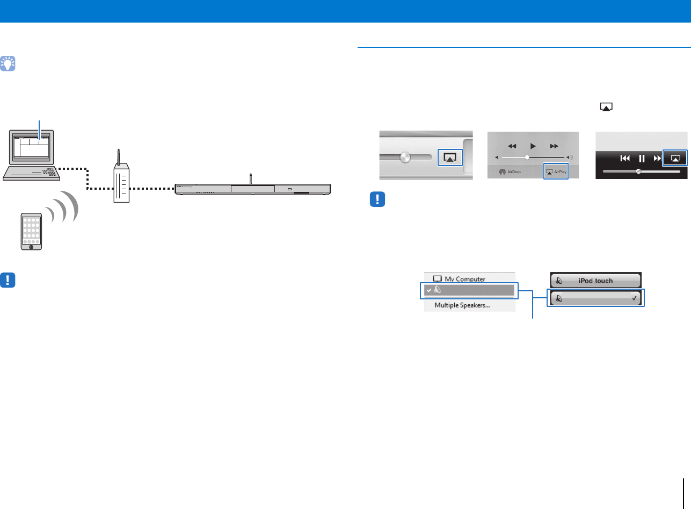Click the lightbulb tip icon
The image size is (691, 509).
click(x=8, y=64)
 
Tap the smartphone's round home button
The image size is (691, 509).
click(x=31, y=247)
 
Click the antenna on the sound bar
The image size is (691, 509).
click(x=251, y=178)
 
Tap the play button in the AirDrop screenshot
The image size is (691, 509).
click(x=533, y=146)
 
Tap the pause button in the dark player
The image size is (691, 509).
click(x=641, y=158)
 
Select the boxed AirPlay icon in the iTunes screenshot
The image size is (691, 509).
click(x=450, y=157)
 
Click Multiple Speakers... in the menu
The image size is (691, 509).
click(x=465, y=305)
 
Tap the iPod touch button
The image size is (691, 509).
click(x=595, y=281)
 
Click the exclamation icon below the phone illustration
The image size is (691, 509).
click(x=8, y=280)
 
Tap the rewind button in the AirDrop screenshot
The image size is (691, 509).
click(x=512, y=146)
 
